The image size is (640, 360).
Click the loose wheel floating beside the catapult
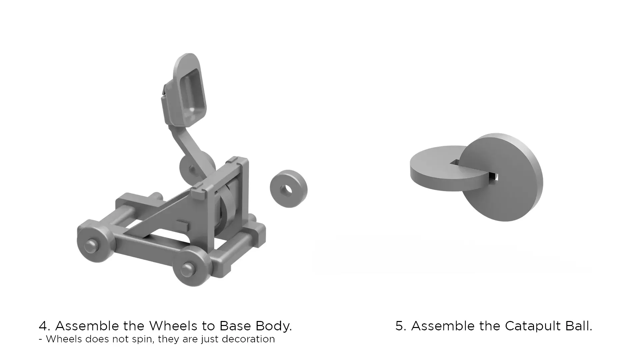click(289, 189)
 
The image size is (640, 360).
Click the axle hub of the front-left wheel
click(91, 246)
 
